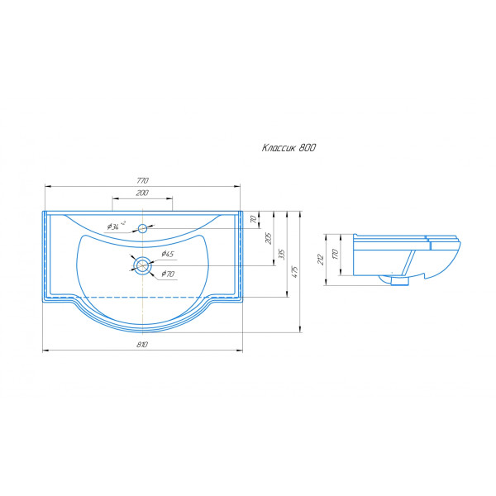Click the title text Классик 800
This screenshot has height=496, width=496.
pos(289,148)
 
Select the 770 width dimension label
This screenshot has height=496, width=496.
pos(142,181)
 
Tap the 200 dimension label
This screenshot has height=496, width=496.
pos(142,193)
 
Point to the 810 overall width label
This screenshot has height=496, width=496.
pos(142,345)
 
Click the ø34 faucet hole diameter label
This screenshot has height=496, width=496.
pos(116,226)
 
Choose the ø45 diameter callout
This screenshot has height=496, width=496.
pos(168,254)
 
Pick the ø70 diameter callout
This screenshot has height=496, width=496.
pos(168,274)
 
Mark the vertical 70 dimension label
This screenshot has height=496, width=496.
pos(254,219)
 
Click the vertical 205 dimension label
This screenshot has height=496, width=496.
pos(268,238)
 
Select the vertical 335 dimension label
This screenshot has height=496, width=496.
pos(282,255)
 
